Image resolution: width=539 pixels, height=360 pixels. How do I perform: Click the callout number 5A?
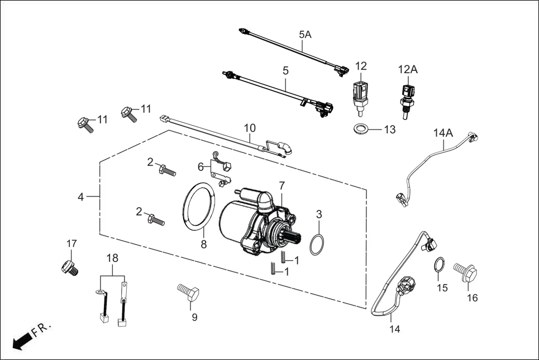click(x=305, y=35)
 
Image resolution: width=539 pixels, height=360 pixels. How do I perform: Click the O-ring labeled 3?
click(x=316, y=244)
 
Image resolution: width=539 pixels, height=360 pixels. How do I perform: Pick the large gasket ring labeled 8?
click(x=199, y=207)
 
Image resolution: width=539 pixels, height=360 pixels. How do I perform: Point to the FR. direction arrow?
click(x=21, y=340)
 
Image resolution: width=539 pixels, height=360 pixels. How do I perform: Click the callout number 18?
click(x=112, y=258)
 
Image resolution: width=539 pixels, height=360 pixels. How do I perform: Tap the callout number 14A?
click(x=443, y=133)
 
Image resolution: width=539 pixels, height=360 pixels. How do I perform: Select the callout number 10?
click(x=250, y=128)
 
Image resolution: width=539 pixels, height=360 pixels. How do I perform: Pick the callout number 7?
click(x=282, y=185)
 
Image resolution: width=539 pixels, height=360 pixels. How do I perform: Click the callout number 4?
click(x=81, y=197)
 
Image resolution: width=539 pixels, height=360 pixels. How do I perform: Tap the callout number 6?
click(x=201, y=166)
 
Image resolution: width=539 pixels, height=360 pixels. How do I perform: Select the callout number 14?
click(x=395, y=329)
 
